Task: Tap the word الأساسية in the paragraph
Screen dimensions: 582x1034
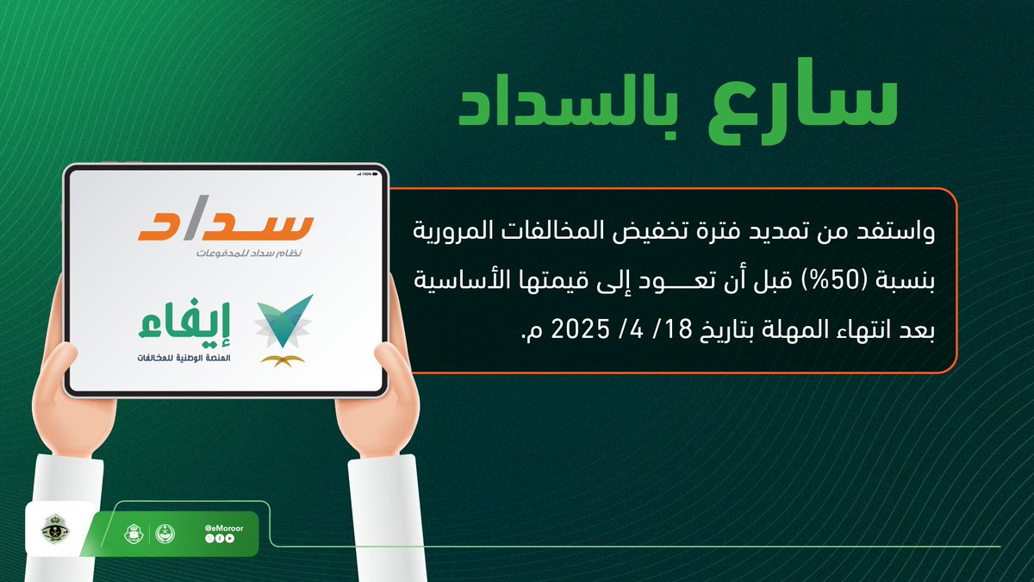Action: click(457, 280)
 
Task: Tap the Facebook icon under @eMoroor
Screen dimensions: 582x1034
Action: click(219, 538)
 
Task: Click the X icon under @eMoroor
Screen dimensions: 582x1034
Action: click(209, 538)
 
